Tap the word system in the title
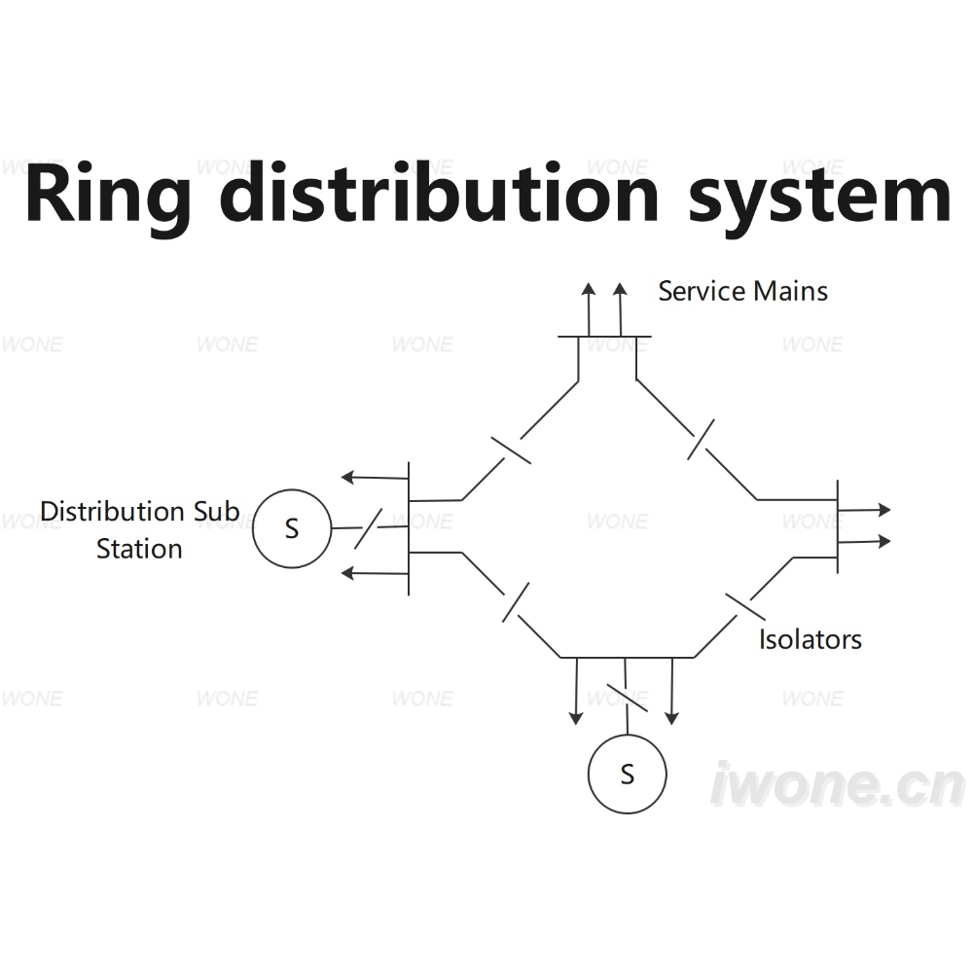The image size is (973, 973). [819, 198]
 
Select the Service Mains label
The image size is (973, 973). [742, 291]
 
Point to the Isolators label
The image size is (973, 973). [811, 639]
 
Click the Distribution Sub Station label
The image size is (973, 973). [139, 529]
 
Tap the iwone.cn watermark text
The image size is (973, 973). [837, 784]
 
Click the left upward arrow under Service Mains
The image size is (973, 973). [589, 309]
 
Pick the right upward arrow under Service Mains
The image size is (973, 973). [620, 309]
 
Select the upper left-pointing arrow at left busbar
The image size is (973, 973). [375, 478]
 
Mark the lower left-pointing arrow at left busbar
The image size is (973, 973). [375, 573]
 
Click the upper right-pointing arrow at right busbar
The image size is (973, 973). [864, 510]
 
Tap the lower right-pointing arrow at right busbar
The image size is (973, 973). [864, 542]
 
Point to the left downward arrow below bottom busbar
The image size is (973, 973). [576, 691]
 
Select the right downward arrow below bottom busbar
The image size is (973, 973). [672, 691]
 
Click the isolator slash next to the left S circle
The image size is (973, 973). [368, 528]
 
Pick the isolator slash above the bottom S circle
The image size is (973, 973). [627, 698]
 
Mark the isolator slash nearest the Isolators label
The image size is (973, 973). [745, 607]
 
